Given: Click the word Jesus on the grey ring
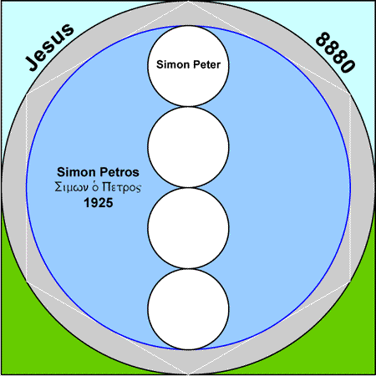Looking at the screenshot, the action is (x=50, y=48).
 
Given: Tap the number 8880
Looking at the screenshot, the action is (x=335, y=53).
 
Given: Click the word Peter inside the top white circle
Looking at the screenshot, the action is (x=207, y=64).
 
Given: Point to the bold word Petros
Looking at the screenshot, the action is (x=119, y=172).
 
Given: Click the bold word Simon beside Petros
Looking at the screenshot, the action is (x=76, y=172).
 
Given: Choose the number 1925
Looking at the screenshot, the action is (x=99, y=203).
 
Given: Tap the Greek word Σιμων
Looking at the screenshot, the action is (x=71, y=187).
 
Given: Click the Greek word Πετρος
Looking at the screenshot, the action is (x=122, y=187).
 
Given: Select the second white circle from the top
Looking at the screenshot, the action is (x=188, y=147).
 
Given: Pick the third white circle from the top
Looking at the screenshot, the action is (x=188, y=228).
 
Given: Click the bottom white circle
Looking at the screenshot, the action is (x=188, y=309).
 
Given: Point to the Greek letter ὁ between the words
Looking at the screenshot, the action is (x=95, y=186).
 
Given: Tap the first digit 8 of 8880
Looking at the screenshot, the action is (x=323, y=39).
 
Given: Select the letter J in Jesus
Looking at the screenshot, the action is (x=32, y=64).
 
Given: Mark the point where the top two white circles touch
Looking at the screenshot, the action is (x=188, y=106).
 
